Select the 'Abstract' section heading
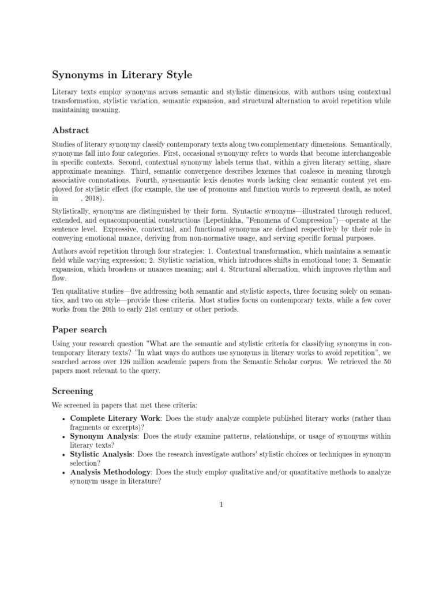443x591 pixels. tap(70, 130)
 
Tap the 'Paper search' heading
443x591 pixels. tap(79, 330)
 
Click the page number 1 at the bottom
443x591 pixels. tap(221, 505)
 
